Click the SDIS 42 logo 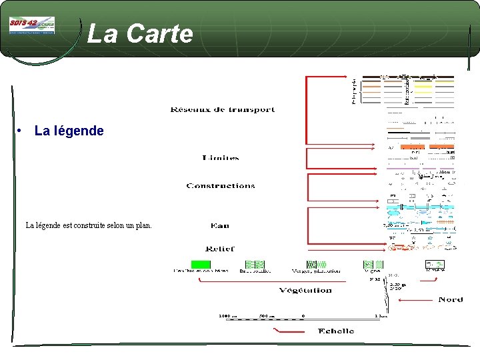(32, 26)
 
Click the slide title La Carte (139, 33)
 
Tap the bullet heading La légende (69, 131)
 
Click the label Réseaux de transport (223, 109)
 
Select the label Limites (220, 158)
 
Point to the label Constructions (221, 186)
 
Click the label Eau (219, 226)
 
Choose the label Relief (220, 249)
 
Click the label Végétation (306, 290)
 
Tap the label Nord (451, 300)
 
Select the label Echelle (336, 331)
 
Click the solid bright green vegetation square (200, 265)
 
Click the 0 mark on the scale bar (303, 315)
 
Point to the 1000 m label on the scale (228, 315)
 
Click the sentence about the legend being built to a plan (89, 225)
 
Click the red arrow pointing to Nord (417, 300)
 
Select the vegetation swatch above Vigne (373, 265)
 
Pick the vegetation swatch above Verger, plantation (315, 265)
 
